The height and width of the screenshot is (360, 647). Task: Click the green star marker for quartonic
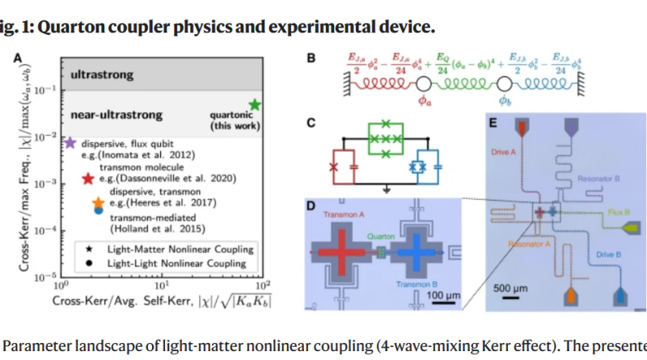tap(255, 105)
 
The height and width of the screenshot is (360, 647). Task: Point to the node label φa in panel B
tap(424, 100)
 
